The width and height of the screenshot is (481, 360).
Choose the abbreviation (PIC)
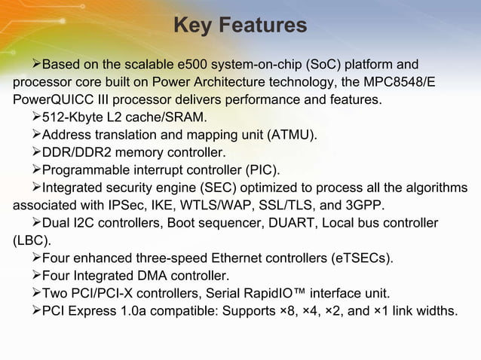click(261, 170)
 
